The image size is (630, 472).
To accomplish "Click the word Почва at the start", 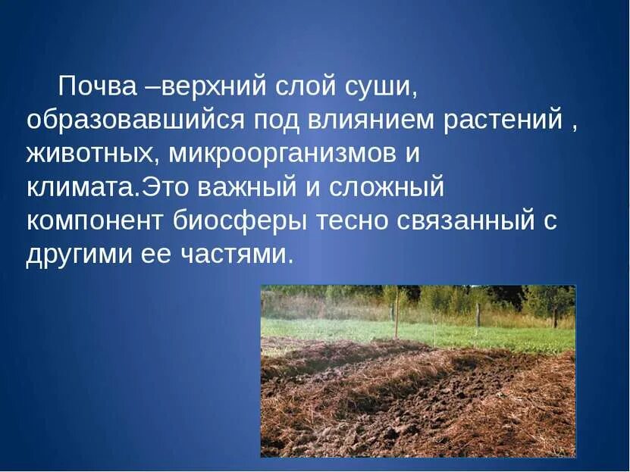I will click(98, 86).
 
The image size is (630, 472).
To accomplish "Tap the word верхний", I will click(213, 86).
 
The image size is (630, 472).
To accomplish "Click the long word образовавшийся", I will click(135, 120).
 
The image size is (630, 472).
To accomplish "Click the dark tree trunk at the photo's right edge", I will click(555, 316).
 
